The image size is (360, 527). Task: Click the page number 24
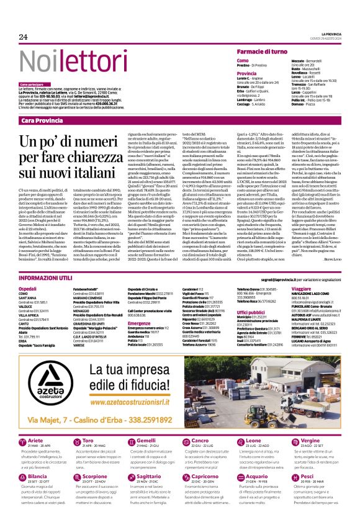tap(24, 37)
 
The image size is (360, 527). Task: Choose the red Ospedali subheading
tap(28, 289)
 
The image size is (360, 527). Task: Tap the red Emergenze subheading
tap(139, 323)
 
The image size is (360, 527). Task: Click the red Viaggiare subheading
tap(302, 289)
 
